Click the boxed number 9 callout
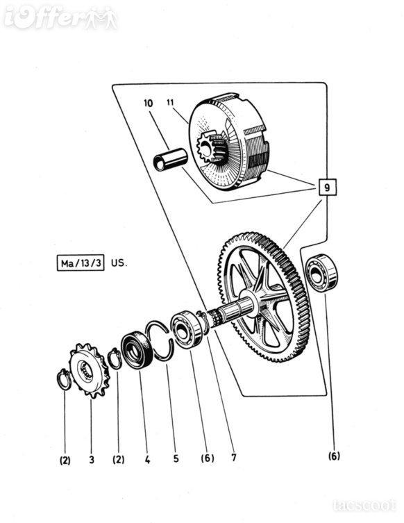327,187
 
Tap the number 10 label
149,103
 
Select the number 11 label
170,102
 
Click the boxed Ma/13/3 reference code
81,263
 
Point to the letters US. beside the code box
119,263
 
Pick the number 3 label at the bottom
92,460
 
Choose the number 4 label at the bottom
148,460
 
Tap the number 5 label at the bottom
176,458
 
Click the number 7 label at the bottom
234,457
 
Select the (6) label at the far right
334,456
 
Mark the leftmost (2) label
65,460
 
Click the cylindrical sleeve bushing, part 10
170,160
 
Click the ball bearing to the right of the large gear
322,273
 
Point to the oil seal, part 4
136,349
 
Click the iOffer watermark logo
60,17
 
